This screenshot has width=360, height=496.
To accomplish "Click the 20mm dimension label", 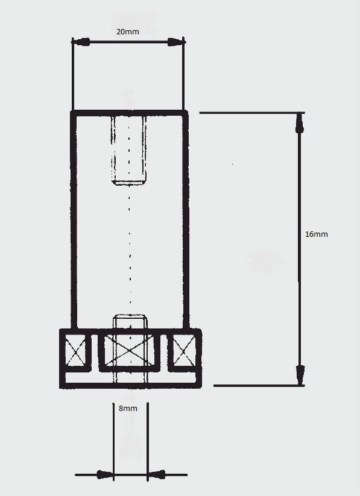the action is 128,31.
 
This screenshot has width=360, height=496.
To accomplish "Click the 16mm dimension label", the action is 317,234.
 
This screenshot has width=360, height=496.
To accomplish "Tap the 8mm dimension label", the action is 128,409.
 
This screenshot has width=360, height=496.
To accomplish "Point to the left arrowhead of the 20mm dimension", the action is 81,42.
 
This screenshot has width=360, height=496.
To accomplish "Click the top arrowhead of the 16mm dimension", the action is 300,124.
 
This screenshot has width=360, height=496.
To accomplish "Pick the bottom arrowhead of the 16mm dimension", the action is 300,375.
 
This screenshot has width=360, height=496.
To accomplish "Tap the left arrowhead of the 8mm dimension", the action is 105,474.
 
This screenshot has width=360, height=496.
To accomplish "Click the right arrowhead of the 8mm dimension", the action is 157,474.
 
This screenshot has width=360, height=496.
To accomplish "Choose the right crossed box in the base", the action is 184,350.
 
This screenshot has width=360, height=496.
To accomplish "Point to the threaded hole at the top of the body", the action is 129,149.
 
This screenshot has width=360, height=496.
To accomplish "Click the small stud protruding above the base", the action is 130,322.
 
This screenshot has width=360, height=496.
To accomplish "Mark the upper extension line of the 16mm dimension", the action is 252,113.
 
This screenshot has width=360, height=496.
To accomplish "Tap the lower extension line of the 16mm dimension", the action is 259,386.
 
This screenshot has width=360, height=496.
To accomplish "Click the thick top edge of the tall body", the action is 129,113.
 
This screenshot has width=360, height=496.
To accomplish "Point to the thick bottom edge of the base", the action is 130,386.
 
